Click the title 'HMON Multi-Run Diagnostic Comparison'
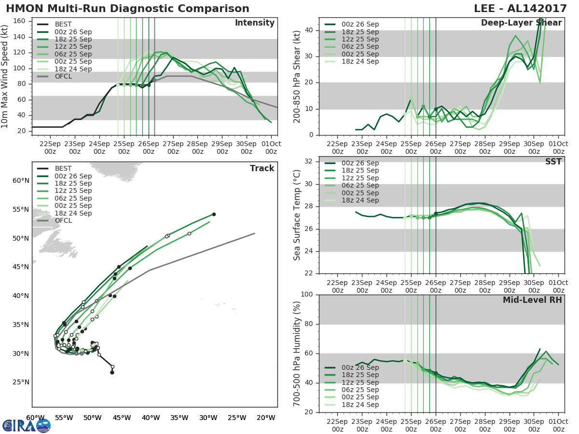click(x=127, y=9)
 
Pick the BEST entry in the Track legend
click(x=63, y=168)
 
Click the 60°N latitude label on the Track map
click(x=21, y=180)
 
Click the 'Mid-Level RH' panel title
click(x=532, y=300)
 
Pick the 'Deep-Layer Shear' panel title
click(x=521, y=23)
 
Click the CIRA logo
click(x=26, y=425)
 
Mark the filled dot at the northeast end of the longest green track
click(x=214, y=214)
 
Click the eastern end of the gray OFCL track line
click(x=254, y=233)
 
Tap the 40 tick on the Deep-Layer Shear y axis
click(x=309, y=30)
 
